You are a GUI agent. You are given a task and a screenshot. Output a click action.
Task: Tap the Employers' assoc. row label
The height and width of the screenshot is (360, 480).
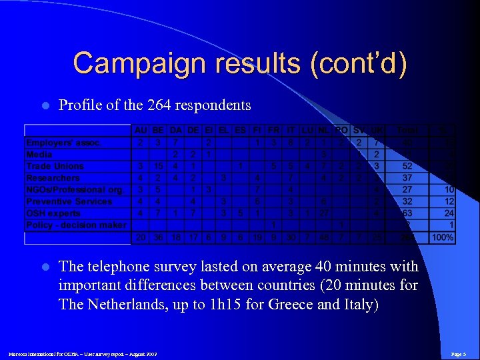[64, 143]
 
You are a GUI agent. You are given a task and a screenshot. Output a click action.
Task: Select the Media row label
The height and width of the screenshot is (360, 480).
[39, 155]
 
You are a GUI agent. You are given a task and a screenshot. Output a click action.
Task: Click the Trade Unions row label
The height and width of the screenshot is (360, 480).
[55, 166]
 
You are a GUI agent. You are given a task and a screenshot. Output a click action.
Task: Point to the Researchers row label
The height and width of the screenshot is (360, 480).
[53, 178]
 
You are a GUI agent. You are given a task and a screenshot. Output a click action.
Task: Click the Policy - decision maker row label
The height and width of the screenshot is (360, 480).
[76, 225]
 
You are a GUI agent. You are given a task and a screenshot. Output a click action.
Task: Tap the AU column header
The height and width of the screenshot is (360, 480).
[141, 130]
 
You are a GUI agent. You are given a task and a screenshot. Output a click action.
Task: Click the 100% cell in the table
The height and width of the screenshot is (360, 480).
[443, 237]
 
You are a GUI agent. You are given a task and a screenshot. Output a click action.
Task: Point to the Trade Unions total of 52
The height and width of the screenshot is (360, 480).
[407, 166]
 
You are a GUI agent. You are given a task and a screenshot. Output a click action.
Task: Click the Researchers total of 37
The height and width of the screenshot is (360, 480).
[407, 178]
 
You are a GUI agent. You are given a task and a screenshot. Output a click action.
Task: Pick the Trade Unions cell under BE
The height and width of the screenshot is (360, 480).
[159, 166]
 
